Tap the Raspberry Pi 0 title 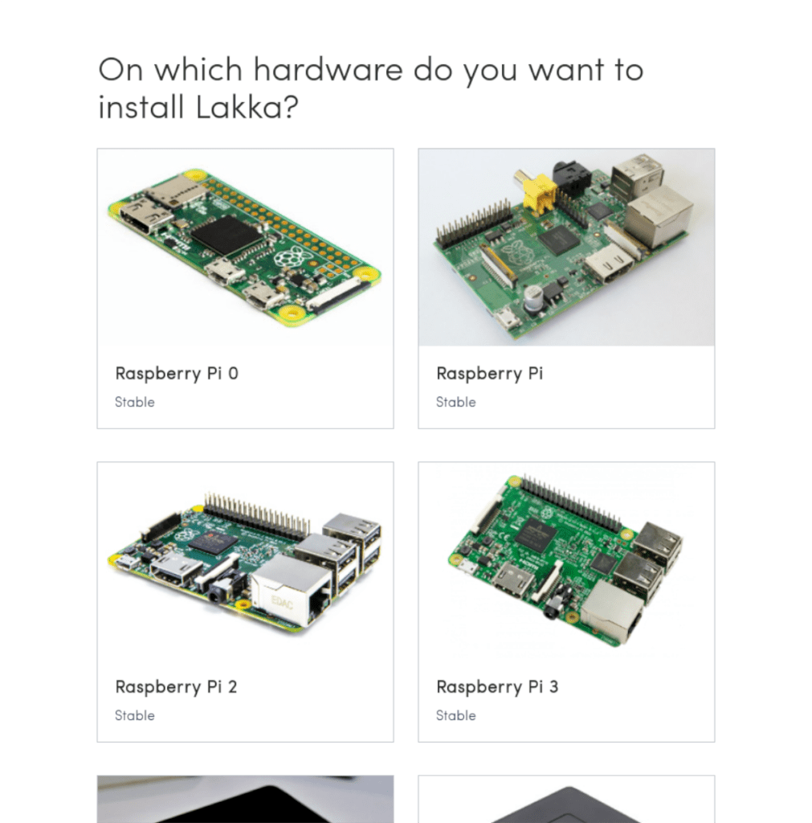(177, 373)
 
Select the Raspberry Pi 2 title (176, 686)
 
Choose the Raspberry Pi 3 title (497, 686)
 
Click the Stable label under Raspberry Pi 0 (134, 402)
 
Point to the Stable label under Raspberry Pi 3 (455, 715)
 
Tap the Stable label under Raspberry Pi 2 (134, 715)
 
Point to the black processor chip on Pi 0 (225, 236)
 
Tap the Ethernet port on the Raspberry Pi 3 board (612, 611)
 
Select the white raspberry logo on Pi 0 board (291, 258)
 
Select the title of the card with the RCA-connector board (489, 373)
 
